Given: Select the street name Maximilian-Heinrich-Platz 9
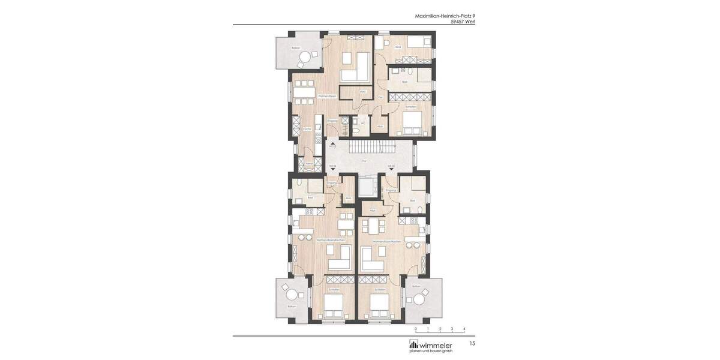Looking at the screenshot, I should pyautogui.click(x=445, y=16).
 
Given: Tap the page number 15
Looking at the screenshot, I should pyautogui.click(x=472, y=343).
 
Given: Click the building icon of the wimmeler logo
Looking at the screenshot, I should pyautogui.click(x=413, y=344).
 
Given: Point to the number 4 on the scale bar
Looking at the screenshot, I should pyautogui.click(x=464, y=329).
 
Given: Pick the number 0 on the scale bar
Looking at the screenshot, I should pyautogui.click(x=415, y=329).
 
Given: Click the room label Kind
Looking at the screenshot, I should pyautogui.click(x=398, y=47).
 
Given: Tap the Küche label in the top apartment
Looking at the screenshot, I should pyautogui.click(x=307, y=129).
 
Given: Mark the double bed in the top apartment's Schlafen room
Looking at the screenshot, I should pyautogui.click(x=412, y=123).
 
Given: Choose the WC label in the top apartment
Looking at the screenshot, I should pyautogui.click(x=364, y=124).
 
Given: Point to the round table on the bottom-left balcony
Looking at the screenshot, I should pyautogui.click(x=292, y=295).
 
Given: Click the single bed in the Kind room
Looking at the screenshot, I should pyautogui.click(x=418, y=43).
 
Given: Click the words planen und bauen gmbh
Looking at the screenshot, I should pyautogui.click(x=431, y=351).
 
